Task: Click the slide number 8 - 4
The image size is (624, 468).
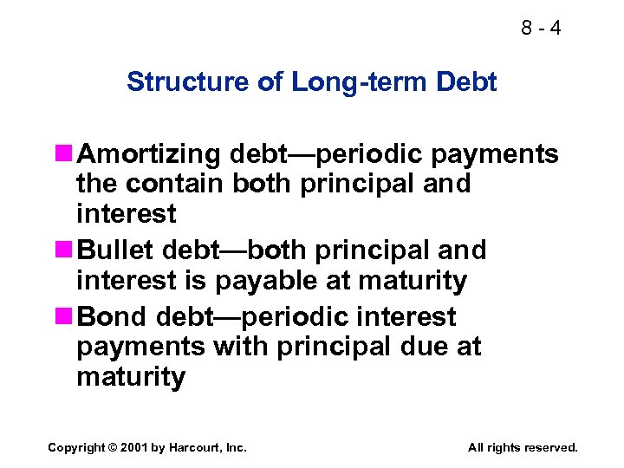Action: point(541,28)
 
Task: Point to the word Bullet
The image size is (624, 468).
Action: point(117,250)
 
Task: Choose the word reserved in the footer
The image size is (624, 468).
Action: point(546,447)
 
